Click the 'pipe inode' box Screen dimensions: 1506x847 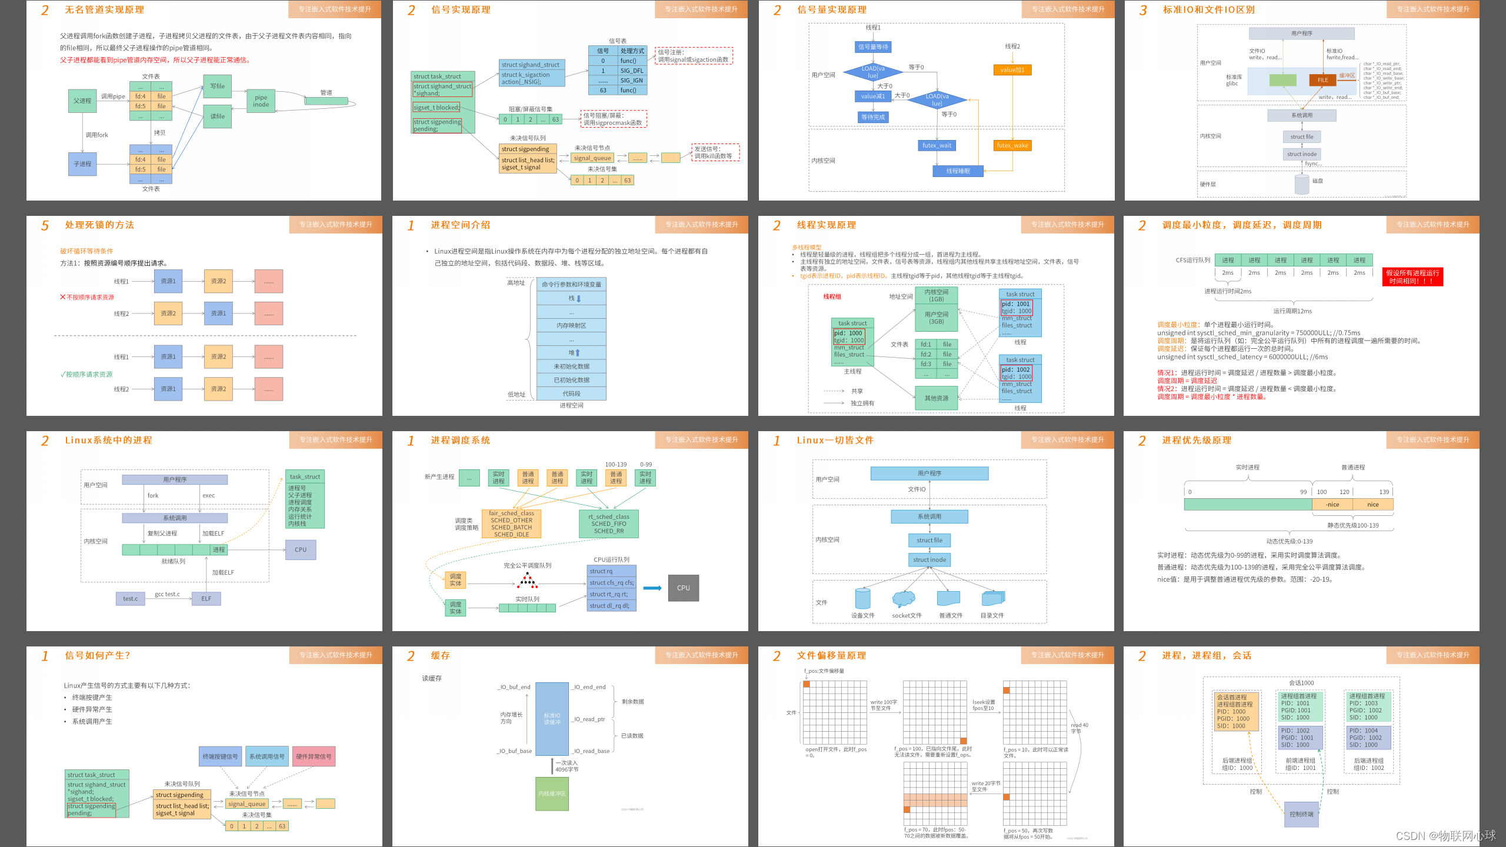coord(261,101)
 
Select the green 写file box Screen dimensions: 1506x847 coord(217,86)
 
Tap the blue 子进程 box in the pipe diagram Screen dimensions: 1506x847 coord(82,164)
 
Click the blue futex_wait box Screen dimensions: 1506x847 coord(937,146)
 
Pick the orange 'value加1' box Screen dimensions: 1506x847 coord(1012,70)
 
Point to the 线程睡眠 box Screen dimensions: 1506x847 coord(958,171)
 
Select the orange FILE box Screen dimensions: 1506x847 coord(1322,80)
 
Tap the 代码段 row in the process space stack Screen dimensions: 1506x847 coord(571,394)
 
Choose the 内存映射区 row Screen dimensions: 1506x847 coord(571,325)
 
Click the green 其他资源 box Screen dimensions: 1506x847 coord(936,398)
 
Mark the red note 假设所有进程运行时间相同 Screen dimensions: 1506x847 coord(1412,277)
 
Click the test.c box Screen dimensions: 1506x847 coord(130,599)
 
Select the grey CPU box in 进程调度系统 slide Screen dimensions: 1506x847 coord(683,588)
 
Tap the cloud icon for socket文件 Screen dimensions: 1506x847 coord(904,599)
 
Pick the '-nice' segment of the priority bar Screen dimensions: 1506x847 coord(1332,505)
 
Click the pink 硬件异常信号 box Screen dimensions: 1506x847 coord(314,757)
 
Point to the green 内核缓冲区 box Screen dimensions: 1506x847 coord(552,794)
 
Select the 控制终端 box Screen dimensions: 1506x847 coord(1301,815)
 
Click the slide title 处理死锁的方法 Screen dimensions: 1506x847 coord(99,225)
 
